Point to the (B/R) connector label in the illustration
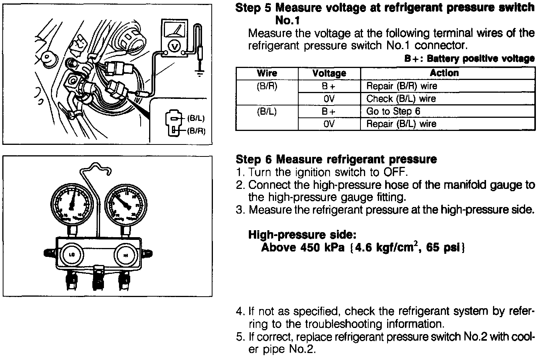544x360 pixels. tap(195, 131)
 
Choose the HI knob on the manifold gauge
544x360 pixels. tap(125, 255)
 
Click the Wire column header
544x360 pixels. tap(267, 73)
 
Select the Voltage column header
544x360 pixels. tap(329, 73)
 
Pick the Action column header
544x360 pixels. tap(444, 73)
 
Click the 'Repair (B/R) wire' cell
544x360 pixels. tap(402, 86)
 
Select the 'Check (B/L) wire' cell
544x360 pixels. tap(401, 98)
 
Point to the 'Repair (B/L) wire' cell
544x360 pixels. tap(401, 124)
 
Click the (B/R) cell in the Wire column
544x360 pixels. tap(267, 86)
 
